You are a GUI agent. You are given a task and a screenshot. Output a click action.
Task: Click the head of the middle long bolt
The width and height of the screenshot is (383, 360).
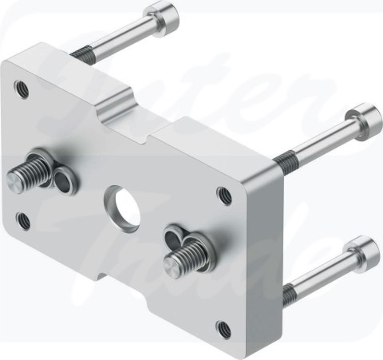click(364, 114)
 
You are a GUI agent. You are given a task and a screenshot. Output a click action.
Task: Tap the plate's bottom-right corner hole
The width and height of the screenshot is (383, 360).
click(223, 326)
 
